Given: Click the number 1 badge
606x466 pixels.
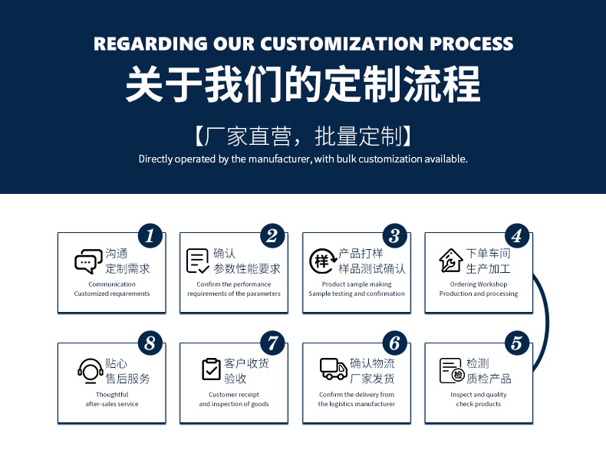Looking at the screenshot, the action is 150,235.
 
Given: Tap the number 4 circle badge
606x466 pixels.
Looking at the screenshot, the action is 517,235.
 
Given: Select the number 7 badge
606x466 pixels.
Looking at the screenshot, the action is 272,343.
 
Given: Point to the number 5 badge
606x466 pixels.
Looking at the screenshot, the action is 517,343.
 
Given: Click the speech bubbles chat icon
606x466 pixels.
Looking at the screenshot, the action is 88,261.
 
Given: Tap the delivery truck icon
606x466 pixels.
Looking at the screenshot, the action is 334,369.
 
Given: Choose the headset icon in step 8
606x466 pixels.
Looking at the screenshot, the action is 91,371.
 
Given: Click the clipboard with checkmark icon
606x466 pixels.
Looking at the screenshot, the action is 211,369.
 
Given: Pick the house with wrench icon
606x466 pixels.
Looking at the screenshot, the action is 450,261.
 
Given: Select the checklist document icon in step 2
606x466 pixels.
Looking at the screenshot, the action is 197,261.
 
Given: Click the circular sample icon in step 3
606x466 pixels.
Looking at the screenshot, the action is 322,261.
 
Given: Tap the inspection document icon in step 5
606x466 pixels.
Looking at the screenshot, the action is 452,371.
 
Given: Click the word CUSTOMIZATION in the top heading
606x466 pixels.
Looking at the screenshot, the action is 341,44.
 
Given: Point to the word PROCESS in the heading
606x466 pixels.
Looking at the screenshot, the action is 472,44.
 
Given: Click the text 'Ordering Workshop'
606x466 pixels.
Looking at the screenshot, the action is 479,284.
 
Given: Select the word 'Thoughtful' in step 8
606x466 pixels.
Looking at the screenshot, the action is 112,395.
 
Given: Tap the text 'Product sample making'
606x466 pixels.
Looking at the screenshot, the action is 357,284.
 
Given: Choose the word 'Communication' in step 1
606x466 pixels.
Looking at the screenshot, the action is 112,284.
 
